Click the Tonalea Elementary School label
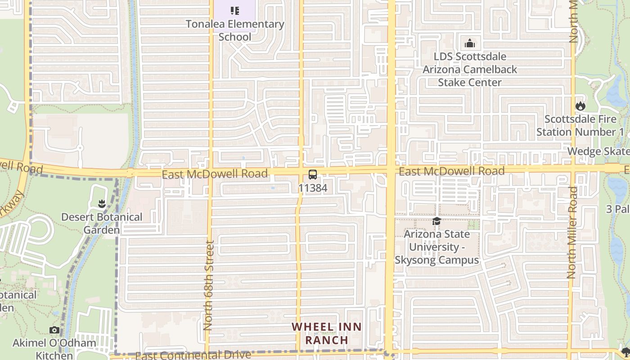click(235, 30)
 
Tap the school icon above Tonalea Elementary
click(234, 10)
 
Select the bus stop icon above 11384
click(312, 175)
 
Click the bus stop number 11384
click(312, 188)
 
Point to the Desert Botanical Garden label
click(102, 223)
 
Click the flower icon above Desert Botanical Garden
click(102, 204)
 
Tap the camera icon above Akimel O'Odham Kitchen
click(54, 330)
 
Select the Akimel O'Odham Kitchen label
click(54, 349)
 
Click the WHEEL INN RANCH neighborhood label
click(327, 333)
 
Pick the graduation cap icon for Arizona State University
click(436, 221)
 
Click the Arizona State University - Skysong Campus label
click(436, 247)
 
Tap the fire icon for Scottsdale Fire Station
click(580, 106)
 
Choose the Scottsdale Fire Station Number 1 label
click(580, 126)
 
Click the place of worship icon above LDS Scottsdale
click(470, 43)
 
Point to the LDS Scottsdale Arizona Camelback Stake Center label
click(470, 69)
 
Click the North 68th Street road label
click(208, 285)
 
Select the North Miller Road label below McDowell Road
click(572, 232)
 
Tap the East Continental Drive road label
click(193, 355)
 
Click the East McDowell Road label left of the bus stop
click(215, 174)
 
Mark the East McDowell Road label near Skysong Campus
click(451, 171)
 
